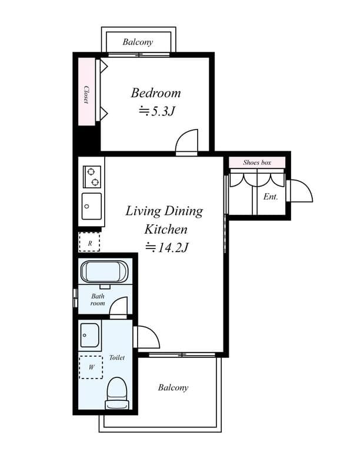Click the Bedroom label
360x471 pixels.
(155, 93)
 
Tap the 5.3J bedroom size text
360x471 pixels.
(157, 111)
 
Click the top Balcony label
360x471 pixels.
(138, 42)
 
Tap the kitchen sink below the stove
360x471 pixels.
(91, 205)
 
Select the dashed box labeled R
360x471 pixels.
(89, 242)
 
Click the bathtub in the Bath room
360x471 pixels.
(104, 272)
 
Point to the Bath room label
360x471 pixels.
(98, 300)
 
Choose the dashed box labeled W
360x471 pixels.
(91, 367)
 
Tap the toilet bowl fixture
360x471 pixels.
(116, 392)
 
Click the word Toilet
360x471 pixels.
(117, 357)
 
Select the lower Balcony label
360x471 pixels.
(173, 387)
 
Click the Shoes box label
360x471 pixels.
(257, 162)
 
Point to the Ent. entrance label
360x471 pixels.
(270, 197)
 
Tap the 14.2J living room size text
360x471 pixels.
(166, 247)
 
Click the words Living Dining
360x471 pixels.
(164, 211)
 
